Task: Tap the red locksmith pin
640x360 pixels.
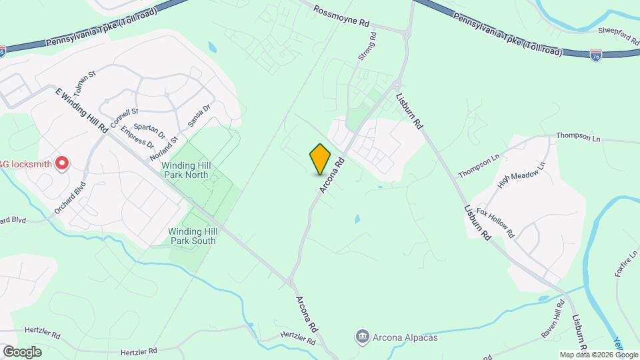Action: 62,163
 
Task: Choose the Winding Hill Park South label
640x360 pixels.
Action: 192,236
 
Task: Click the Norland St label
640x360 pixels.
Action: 165,147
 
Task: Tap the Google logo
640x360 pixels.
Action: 22,351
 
